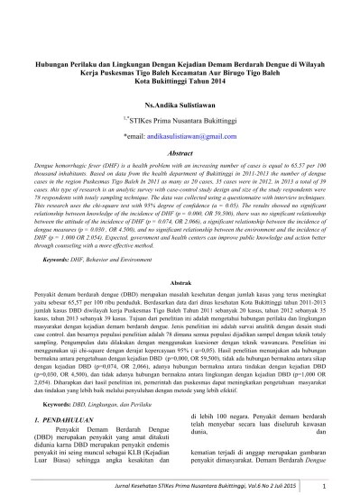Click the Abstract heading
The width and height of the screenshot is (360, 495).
(180, 153)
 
